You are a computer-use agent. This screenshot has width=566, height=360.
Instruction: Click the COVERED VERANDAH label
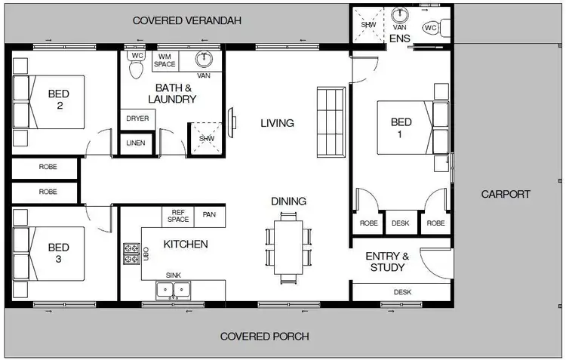186,20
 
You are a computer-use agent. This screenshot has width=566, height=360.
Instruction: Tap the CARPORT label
506,194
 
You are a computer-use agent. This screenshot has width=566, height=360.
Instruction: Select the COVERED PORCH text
264,336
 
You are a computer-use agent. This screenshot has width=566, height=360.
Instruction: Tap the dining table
288,247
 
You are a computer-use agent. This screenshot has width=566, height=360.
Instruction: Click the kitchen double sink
174,289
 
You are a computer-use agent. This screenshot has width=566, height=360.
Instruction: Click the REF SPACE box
178,217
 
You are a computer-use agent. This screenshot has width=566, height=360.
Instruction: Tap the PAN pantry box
209,215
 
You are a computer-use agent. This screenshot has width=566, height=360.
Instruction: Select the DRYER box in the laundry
137,119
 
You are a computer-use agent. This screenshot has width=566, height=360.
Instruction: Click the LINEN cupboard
137,143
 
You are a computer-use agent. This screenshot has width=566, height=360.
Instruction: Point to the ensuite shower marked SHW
368,25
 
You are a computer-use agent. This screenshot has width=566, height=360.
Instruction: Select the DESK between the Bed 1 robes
400,223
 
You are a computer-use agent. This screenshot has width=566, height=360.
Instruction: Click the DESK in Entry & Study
402,292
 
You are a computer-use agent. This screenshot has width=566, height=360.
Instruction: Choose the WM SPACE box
165,60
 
